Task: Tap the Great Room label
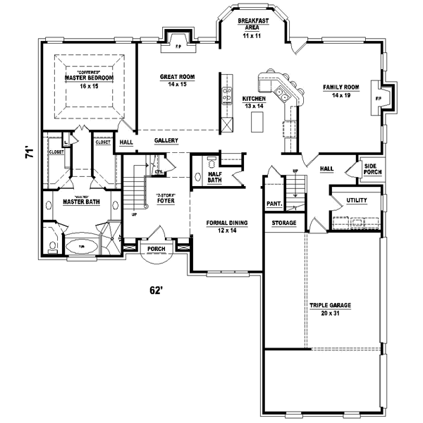point(177,80)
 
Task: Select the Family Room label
point(341,90)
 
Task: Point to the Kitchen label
point(253,102)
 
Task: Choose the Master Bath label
point(81,202)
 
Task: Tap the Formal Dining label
point(226,226)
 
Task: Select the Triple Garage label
point(330,309)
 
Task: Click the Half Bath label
point(214,177)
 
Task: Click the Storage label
point(284,223)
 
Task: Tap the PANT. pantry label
point(274,204)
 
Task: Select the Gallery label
point(166,141)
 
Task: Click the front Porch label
point(155,249)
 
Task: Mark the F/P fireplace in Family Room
point(379,98)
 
